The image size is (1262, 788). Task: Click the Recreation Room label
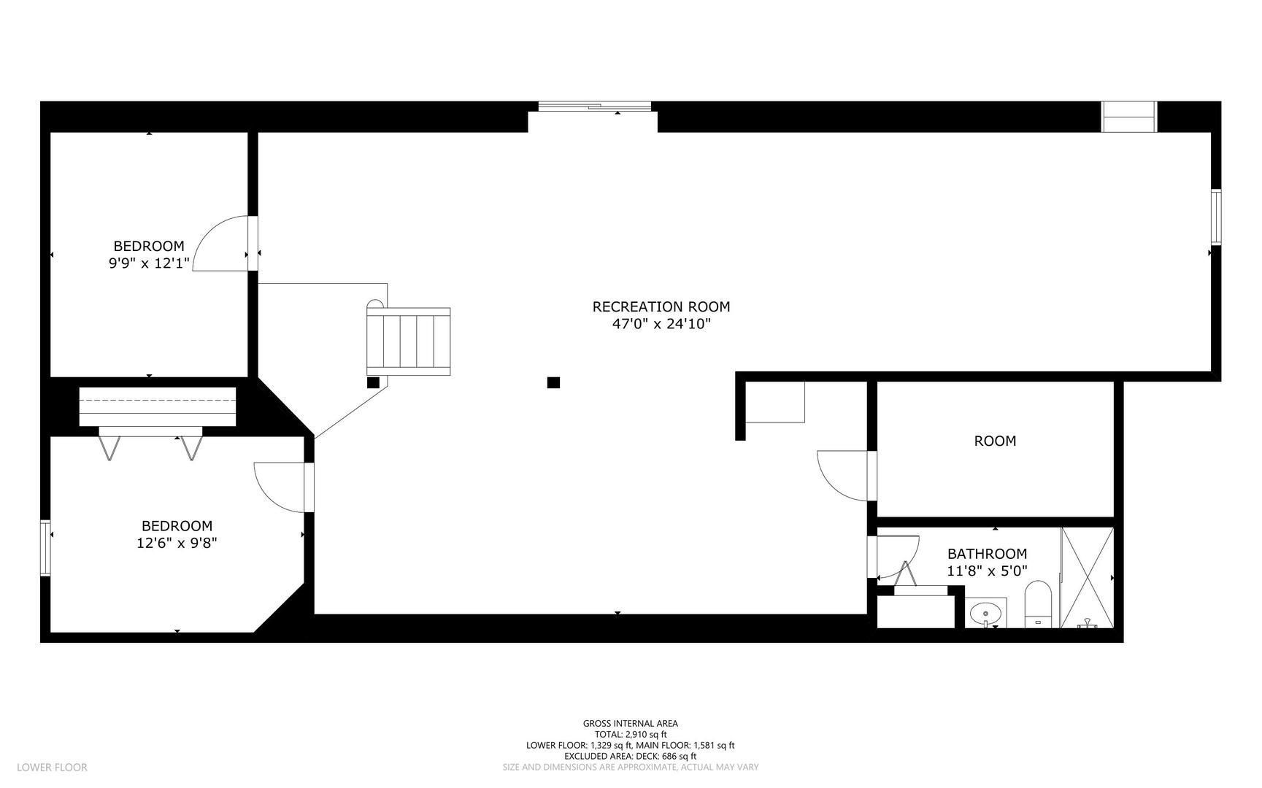click(x=661, y=307)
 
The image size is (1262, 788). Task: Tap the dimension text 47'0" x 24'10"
click(x=661, y=325)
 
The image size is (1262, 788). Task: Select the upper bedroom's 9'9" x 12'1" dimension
click(x=150, y=263)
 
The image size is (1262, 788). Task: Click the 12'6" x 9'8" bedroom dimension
click(x=177, y=544)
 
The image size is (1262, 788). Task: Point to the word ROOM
click(x=995, y=441)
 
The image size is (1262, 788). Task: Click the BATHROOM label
click(x=987, y=555)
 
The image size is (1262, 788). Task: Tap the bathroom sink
click(x=986, y=613)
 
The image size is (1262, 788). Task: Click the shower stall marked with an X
click(x=1087, y=576)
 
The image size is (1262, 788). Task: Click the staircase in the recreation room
click(x=409, y=341)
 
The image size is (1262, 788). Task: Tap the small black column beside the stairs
click(x=373, y=382)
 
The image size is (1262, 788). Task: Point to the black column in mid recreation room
click(x=553, y=382)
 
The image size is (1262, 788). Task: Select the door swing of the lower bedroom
click(x=280, y=487)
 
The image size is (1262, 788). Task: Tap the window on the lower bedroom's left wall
click(x=45, y=547)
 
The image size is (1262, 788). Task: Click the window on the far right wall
click(x=1215, y=217)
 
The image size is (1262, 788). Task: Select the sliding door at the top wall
click(x=594, y=107)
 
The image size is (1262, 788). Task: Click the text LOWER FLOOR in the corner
click(x=52, y=767)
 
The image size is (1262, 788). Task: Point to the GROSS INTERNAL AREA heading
click(x=630, y=724)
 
